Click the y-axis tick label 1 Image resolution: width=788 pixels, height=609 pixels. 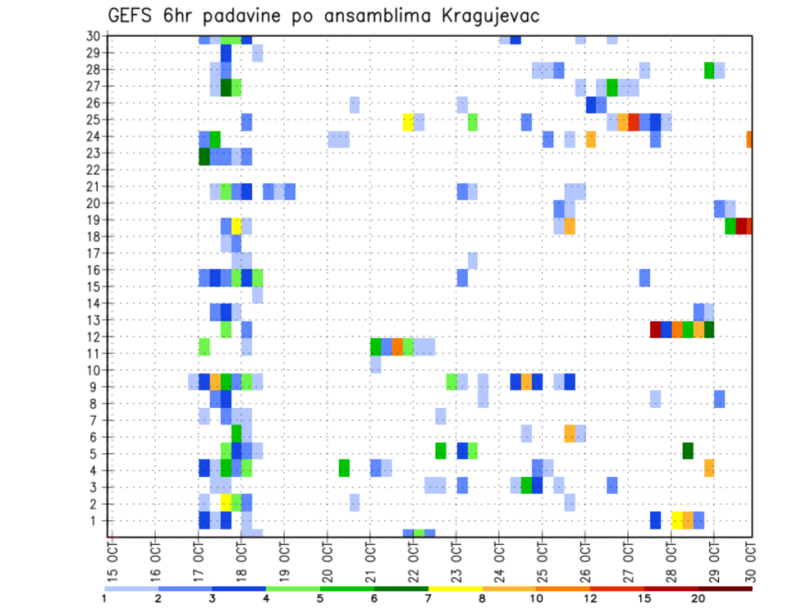(x=96, y=520)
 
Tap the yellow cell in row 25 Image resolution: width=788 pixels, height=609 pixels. (x=408, y=122)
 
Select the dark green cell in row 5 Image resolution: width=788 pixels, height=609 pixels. (x=688, y=451)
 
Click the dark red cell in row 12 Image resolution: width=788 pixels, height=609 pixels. (x=656, y=329)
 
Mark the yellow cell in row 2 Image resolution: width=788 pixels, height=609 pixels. (x=226, y=502)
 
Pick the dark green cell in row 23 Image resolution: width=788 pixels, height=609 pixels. (x=204, y=156)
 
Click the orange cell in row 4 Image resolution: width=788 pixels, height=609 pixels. (x=709, y=468)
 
